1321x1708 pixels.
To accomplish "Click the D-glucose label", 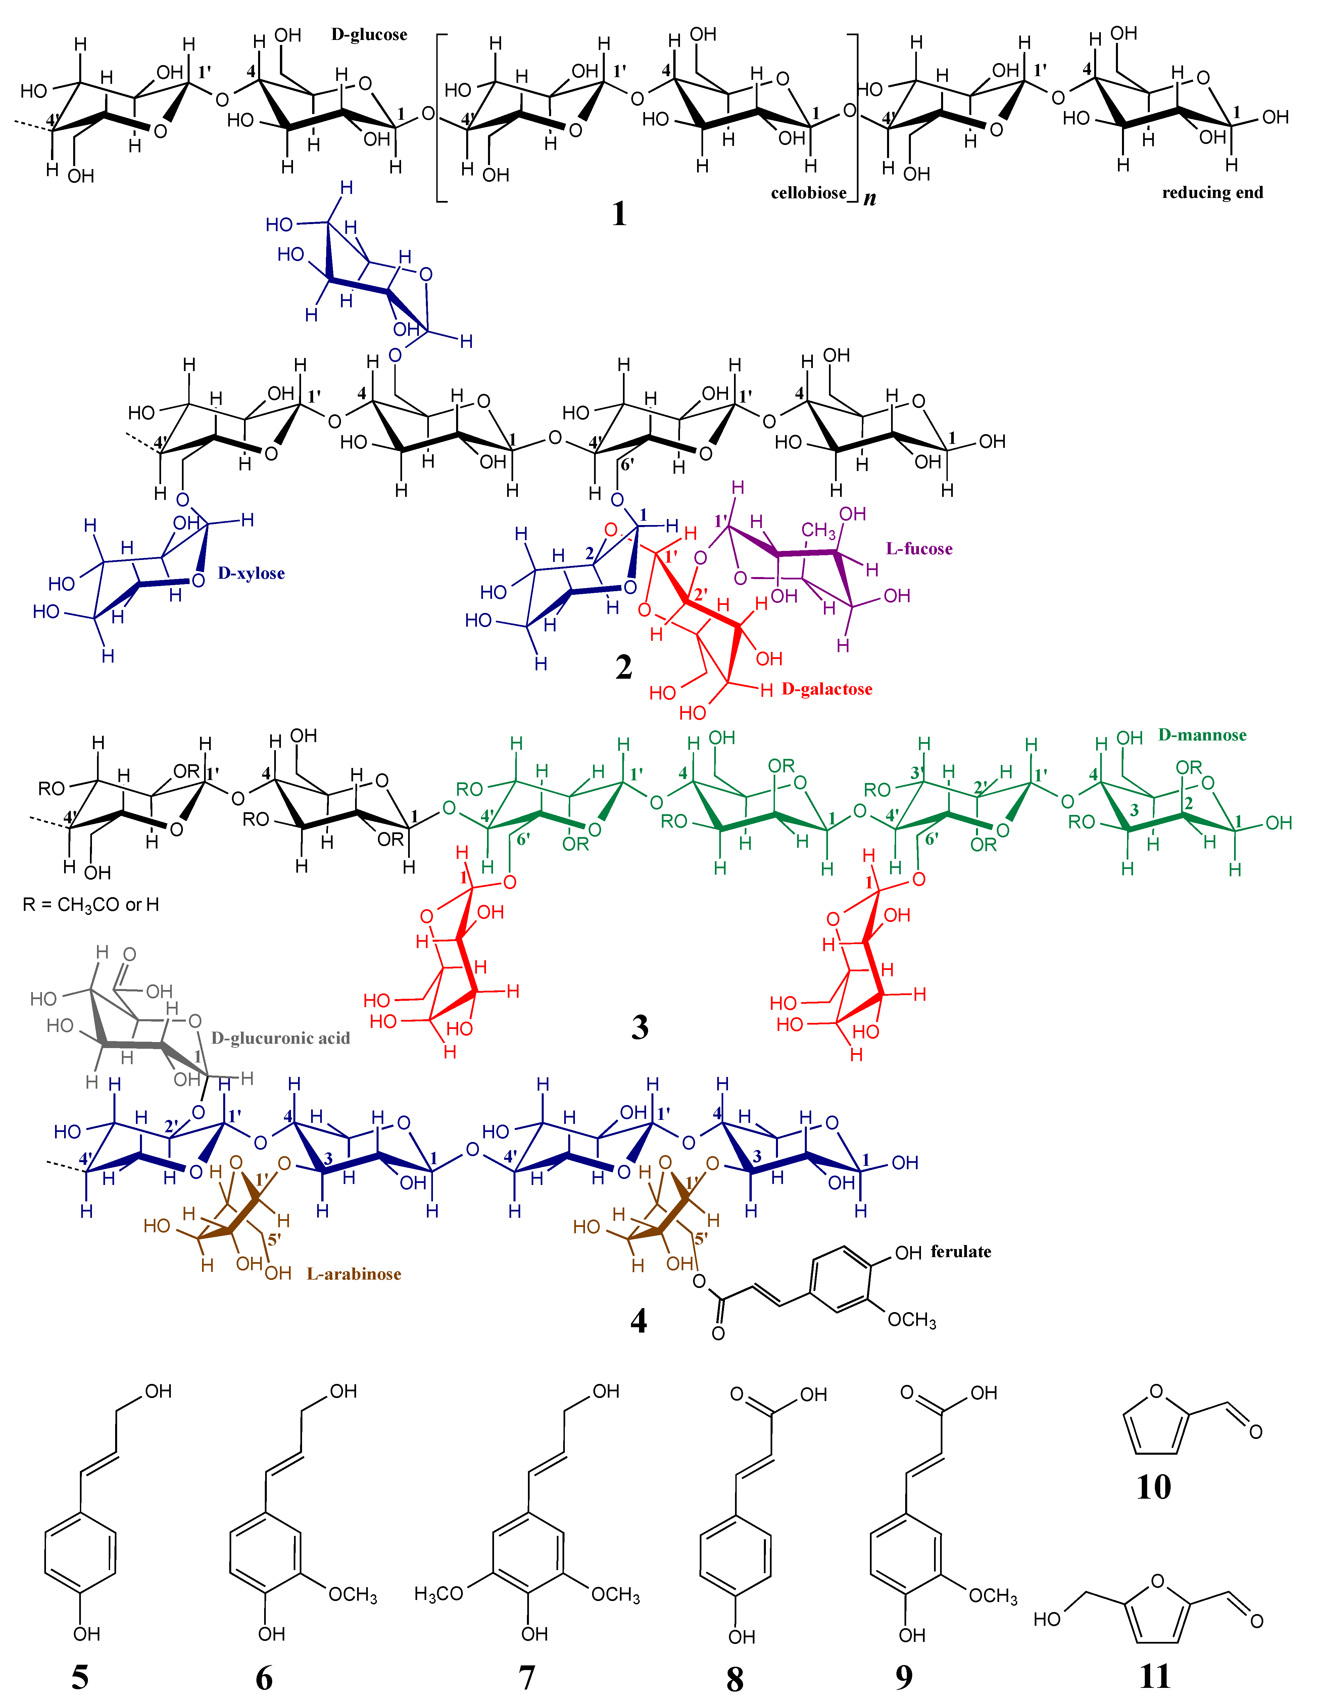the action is coord(369,35).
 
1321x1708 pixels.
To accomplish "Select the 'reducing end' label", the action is coord(1212,192).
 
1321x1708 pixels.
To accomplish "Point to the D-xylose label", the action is coord(251,573).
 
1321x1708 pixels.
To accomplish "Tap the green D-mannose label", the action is coord(1202,735).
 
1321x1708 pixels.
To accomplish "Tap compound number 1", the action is coord(620,213).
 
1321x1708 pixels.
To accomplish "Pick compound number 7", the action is coord(526,1677).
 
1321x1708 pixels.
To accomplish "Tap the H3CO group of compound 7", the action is coord(439,1594).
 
